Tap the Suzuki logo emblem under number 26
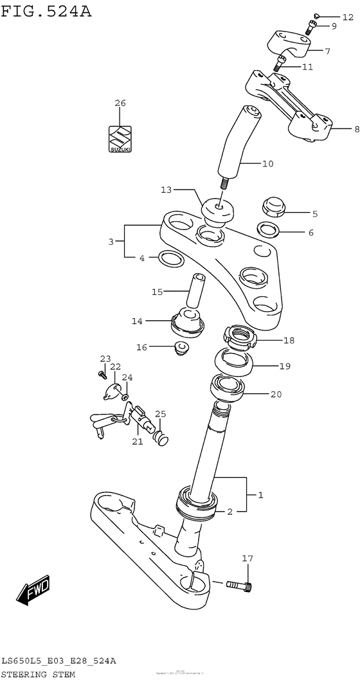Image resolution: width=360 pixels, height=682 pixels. tap(120, 139)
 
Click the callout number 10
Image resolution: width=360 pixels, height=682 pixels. tap(267, 163)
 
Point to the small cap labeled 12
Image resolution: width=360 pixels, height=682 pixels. tap(317, 16)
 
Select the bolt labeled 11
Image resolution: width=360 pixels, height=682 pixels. tap(280, 63)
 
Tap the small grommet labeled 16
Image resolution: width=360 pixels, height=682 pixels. tap(181, 348)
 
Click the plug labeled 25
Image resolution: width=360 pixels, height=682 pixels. tap(161, 439)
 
